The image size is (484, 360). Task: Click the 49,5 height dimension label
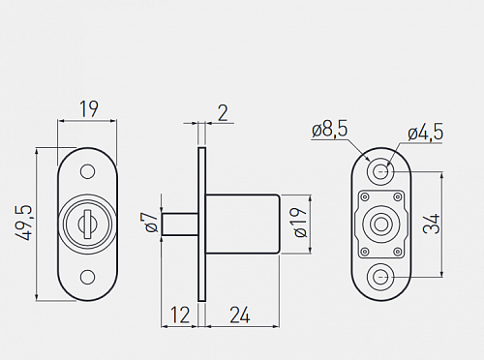click(23, 223)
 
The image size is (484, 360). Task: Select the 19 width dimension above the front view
click(89, 109)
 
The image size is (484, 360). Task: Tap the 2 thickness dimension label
click(223, 113)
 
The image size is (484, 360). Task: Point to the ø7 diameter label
click(151, 222)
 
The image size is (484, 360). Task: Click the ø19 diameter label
click(300, 223)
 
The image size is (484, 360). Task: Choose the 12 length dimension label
click(180, 315)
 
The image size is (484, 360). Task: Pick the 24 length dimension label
click(240, 315)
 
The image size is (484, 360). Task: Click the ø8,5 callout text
click(330, 129)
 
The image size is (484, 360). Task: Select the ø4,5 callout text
click(426, 133)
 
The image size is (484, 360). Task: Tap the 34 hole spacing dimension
click(432, 224)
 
